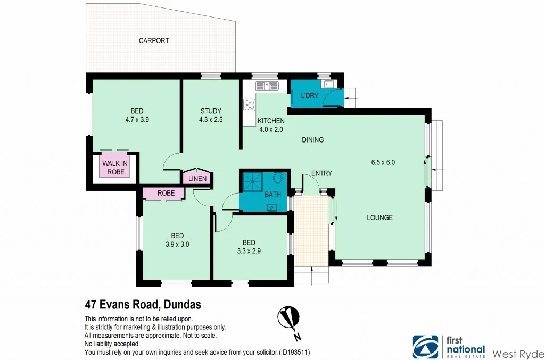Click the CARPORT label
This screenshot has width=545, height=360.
[x=154, y=40]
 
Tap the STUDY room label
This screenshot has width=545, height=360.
[x=211, y=111]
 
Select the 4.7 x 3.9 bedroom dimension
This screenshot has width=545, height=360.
[x=137, y=120]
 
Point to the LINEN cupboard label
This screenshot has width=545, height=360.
[x=197, y=179]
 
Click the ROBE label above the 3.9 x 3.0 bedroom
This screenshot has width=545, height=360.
[x=166, y=194]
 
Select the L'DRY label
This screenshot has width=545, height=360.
[x=309, y=96]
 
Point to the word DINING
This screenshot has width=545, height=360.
[x=312, y=140]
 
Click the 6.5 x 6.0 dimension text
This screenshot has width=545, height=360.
[x=383, y=162]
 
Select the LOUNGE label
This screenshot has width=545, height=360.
[x=379, y=217]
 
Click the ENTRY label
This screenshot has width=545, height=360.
[x=321, y=173]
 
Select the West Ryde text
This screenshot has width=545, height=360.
[x=517, y=353]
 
